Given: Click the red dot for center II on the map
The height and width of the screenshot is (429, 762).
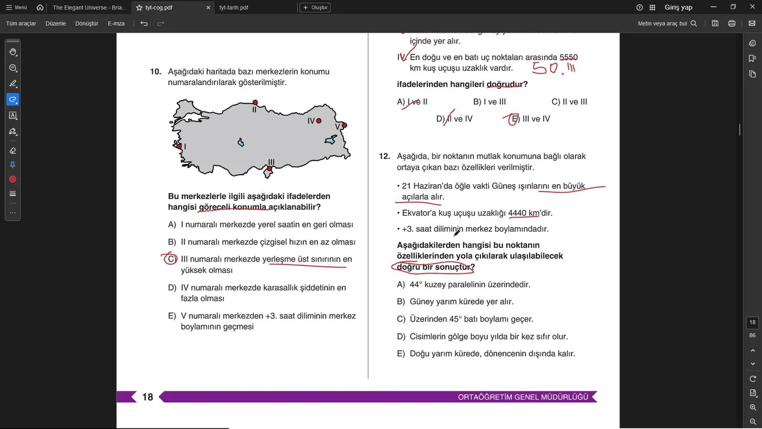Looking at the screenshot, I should [255, 102].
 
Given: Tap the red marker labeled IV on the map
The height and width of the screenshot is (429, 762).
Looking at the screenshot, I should [318, 121].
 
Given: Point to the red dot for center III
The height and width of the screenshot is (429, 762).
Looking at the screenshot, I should [269, 169].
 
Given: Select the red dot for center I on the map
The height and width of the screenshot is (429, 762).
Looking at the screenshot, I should [179, 146].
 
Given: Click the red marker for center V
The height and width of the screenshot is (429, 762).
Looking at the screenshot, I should [344, 125].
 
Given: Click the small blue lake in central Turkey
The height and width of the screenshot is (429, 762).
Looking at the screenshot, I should [241, 143].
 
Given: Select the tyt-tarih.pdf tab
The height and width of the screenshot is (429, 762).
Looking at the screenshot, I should [234, 8].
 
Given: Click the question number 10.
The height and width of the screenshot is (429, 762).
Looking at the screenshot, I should [155, 71].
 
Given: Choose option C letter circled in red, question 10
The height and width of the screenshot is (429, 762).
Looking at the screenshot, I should [171, 259].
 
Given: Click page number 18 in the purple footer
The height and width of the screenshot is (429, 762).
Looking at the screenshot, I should [148, 397].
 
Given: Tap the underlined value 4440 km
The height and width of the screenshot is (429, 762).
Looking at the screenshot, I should [523, 213].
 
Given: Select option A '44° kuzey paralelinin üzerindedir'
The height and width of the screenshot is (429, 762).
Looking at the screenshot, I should [470, 284].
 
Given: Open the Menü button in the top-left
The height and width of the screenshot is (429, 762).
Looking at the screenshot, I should [17, 8].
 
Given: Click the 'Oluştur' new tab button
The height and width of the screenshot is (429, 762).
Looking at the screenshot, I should [315, 8].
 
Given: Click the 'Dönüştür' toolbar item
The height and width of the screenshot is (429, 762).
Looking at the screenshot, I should [87, 23].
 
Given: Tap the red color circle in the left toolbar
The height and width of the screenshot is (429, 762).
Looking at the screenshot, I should [13, 179].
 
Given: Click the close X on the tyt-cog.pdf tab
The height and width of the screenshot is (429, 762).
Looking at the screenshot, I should [208, 8].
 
